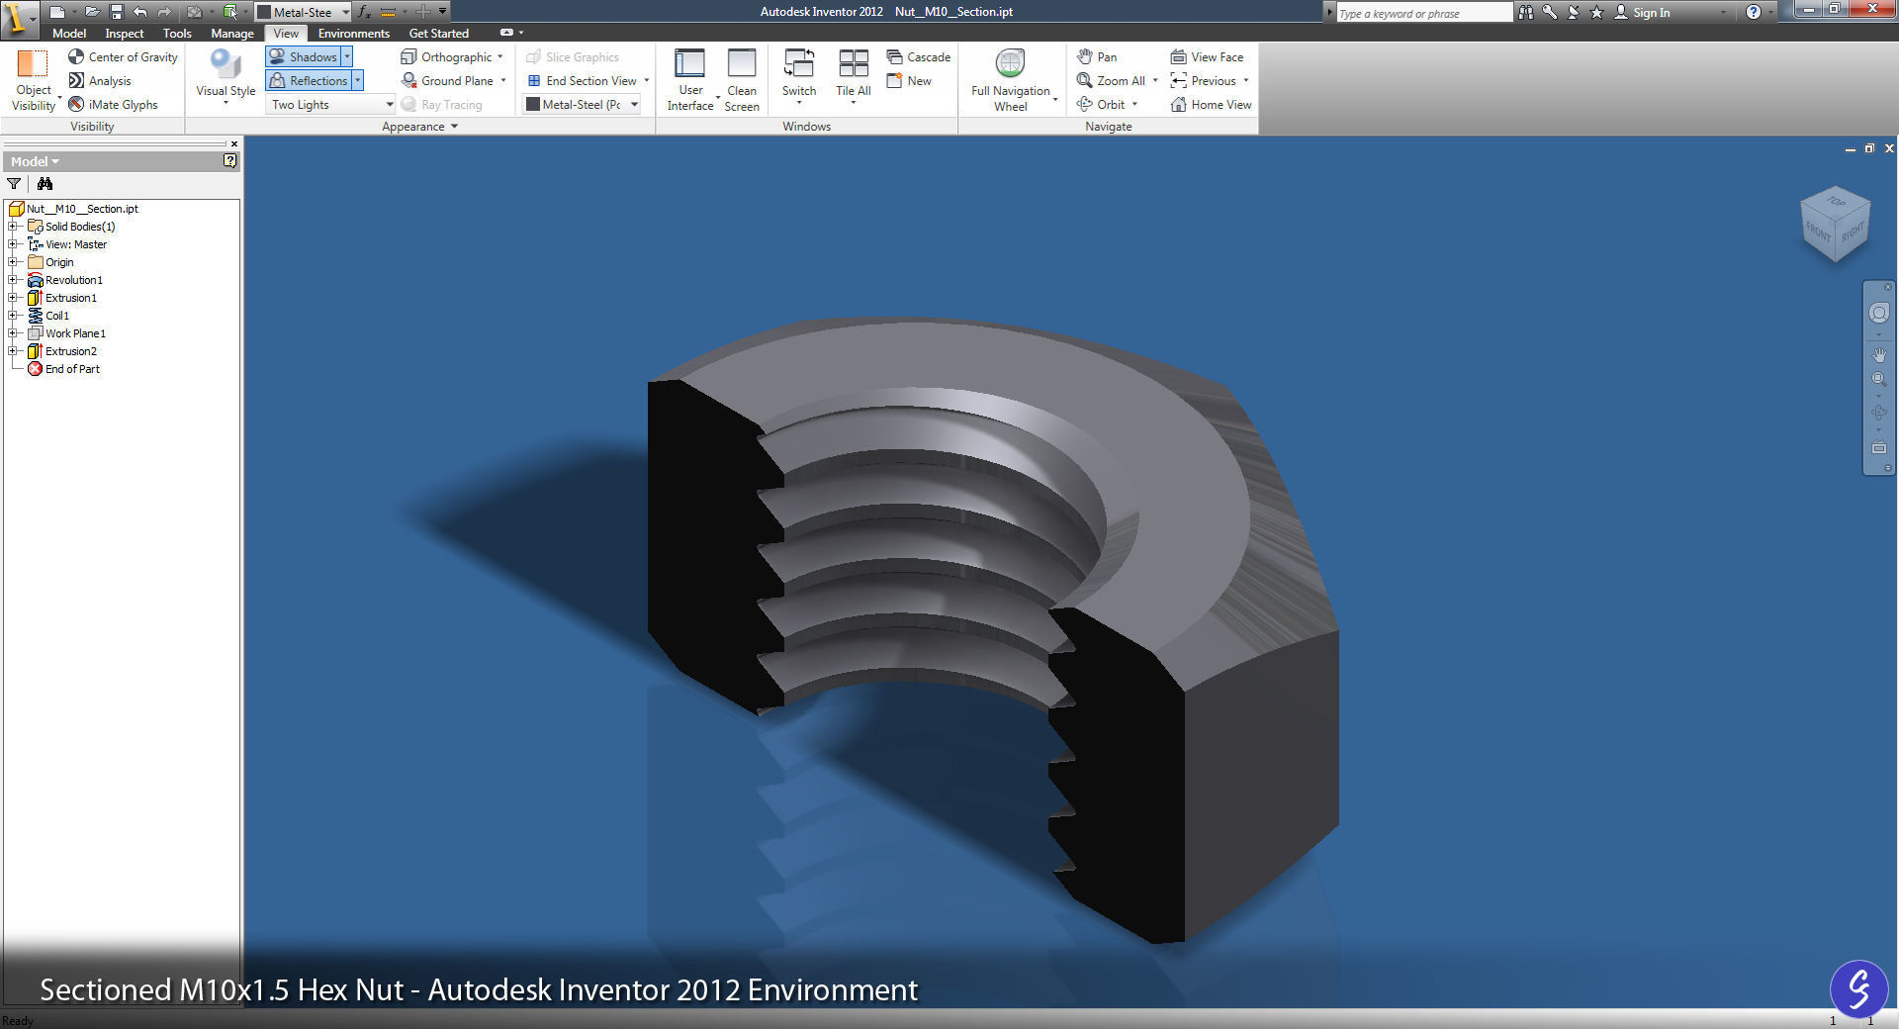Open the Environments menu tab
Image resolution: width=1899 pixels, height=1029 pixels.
[353, 34]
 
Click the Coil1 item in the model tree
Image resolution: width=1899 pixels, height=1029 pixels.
[56, 316]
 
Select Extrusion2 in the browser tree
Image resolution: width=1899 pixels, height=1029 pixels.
[70, 351]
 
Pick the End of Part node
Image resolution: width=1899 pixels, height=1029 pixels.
[71, 369]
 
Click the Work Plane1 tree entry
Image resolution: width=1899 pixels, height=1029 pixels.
[74, 333]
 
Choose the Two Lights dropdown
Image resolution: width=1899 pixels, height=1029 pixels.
[331, 105]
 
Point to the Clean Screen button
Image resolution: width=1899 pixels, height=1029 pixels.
[742, 79]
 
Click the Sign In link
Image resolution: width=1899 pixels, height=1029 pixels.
[1650, 13]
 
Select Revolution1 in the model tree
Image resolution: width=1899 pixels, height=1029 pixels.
[73, 280]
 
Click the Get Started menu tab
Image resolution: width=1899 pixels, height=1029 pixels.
[438, 34]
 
